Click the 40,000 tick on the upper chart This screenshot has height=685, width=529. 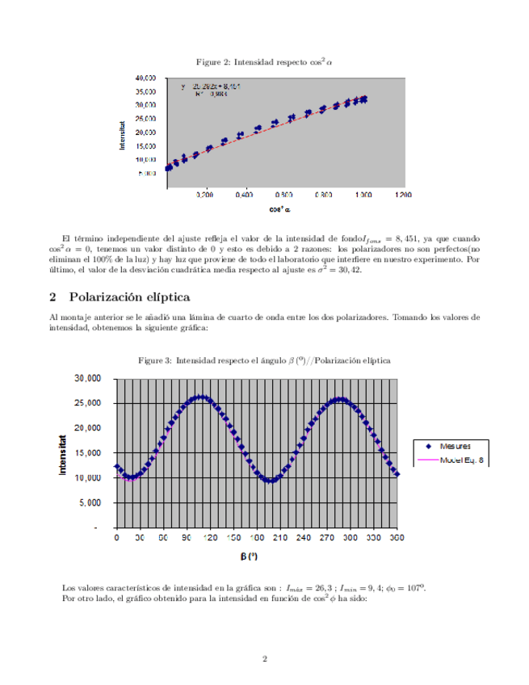[145, 78]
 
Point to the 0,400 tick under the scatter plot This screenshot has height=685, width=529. [244, 195]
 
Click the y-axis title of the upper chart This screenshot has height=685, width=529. [123, 135]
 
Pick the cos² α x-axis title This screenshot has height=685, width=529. [280, 209]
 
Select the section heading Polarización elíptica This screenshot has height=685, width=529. [129, 296]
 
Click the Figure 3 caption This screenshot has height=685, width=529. [264, 360]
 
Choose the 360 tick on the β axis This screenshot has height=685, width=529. [396, 537]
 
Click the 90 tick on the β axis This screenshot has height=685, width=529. [187, 537]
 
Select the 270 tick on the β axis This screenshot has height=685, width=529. [326, 537]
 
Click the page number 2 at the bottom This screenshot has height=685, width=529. [264, 659]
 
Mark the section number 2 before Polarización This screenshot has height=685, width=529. [53, 296]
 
